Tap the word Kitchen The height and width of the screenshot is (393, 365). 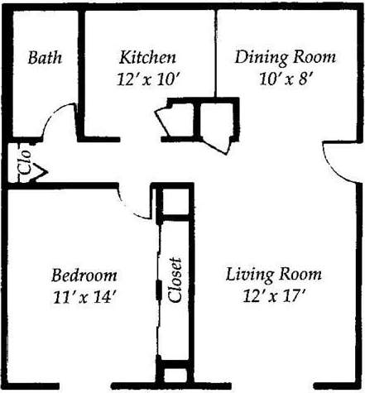pyautogui.click(x=147, y=58)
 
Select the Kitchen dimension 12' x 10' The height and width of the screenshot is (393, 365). pyautogui.click(x=147, y=81)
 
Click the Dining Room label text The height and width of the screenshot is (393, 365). pyautogui.click(x=286, y=58)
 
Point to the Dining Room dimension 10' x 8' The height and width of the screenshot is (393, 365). pyautogui.click(x=286, y=81)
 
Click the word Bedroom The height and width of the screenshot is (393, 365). pyautogui.click(x=84, y=276)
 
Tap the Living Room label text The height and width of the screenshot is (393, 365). pyautogui.click(x=273, y=276)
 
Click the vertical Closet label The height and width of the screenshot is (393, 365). pyautogui.click(x=175, y=283)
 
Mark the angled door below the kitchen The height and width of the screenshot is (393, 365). pyautogui.click(x=179, y=120)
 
